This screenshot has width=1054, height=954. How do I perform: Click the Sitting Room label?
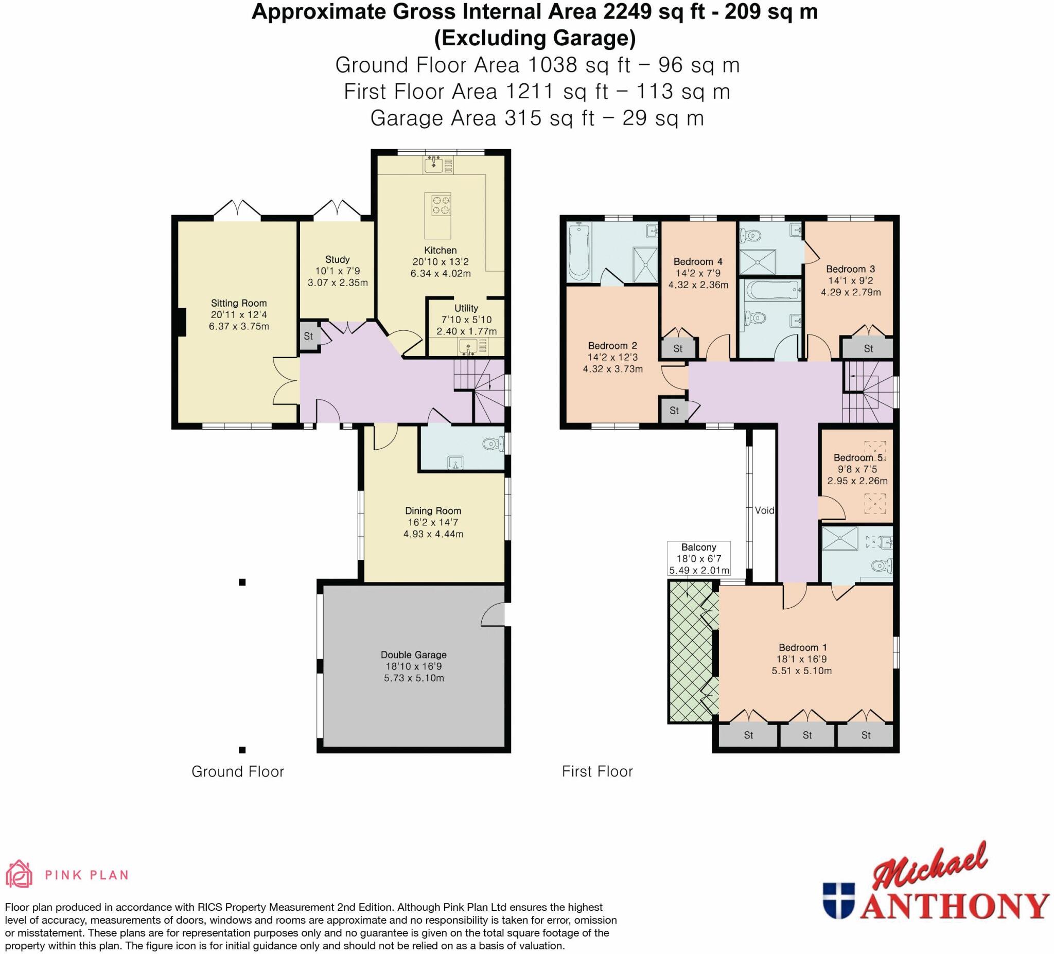[x=238, y=303]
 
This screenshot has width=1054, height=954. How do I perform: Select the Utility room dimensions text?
[x=466, y=325]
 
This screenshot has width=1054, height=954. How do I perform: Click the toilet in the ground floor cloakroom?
[x=490, y=445]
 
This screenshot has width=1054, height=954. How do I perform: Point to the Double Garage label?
[x=413, y=655]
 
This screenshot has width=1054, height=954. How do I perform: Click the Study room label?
[x=337, y=259]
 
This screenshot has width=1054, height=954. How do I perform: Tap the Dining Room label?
[x=433, y=511]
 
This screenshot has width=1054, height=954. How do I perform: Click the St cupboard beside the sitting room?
[x=308, y=336]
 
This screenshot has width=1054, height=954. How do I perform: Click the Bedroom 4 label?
[x=697, y=261]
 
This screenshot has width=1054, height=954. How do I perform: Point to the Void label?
[x=764, y=510]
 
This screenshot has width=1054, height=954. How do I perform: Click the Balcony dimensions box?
[x=698, y=559]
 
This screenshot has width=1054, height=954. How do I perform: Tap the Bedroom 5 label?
[x=857, y=457]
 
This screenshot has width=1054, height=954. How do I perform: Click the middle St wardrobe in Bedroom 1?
[x=806, y=735]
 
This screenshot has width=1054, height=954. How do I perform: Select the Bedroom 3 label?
[x=850, y=269]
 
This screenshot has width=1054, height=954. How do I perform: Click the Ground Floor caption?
[x=237, y=771]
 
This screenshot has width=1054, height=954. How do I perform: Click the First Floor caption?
[x=597, y=771]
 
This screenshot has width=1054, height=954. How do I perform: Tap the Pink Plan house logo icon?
[x=19, y=874]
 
